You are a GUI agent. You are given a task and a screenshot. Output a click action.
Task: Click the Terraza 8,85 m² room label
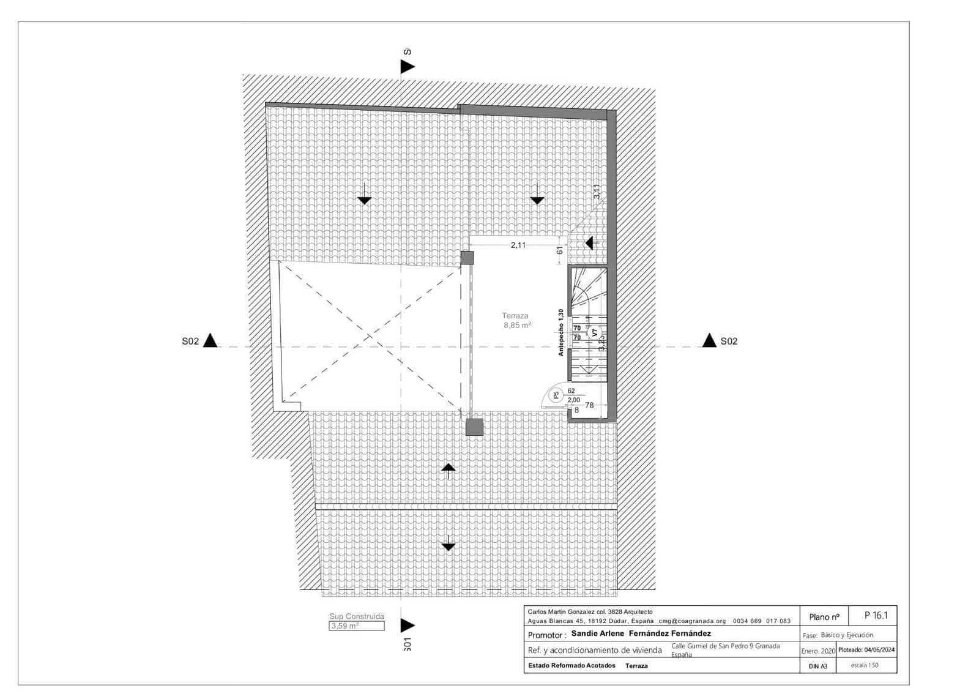(516, 321)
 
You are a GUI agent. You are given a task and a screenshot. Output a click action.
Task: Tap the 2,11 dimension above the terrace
(518, 245)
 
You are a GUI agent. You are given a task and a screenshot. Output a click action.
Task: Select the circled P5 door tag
(556, 395)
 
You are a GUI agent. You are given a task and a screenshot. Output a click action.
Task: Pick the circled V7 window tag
(595, 334)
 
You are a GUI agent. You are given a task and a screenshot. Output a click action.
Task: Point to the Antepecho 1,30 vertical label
(560, 332)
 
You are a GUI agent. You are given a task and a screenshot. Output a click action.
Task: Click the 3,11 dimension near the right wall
(597, 192)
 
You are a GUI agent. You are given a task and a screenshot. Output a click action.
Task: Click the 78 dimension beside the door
(589, 405)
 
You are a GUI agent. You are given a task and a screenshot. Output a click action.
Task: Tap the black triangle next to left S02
(210, 340)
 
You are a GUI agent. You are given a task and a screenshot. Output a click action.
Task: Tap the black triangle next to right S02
(709, 340)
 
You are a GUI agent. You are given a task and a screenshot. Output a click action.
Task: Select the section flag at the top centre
(407, 66)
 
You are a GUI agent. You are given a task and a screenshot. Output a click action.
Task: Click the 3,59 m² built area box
(357, 626)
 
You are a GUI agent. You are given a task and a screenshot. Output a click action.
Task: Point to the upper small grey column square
(467, 258)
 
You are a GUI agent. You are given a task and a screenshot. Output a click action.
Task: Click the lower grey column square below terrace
(474, 427)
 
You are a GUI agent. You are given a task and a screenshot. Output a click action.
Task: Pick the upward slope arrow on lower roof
(449, 469)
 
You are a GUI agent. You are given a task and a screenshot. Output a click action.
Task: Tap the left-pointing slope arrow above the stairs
(589, 243)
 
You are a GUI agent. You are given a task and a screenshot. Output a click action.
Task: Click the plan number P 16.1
(876, 615)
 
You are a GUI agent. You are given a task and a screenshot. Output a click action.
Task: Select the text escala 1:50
(864, 665)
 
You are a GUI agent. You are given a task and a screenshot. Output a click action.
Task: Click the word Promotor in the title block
(546, 635)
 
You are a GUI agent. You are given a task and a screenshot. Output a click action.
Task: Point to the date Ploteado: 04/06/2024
(866, 650)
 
